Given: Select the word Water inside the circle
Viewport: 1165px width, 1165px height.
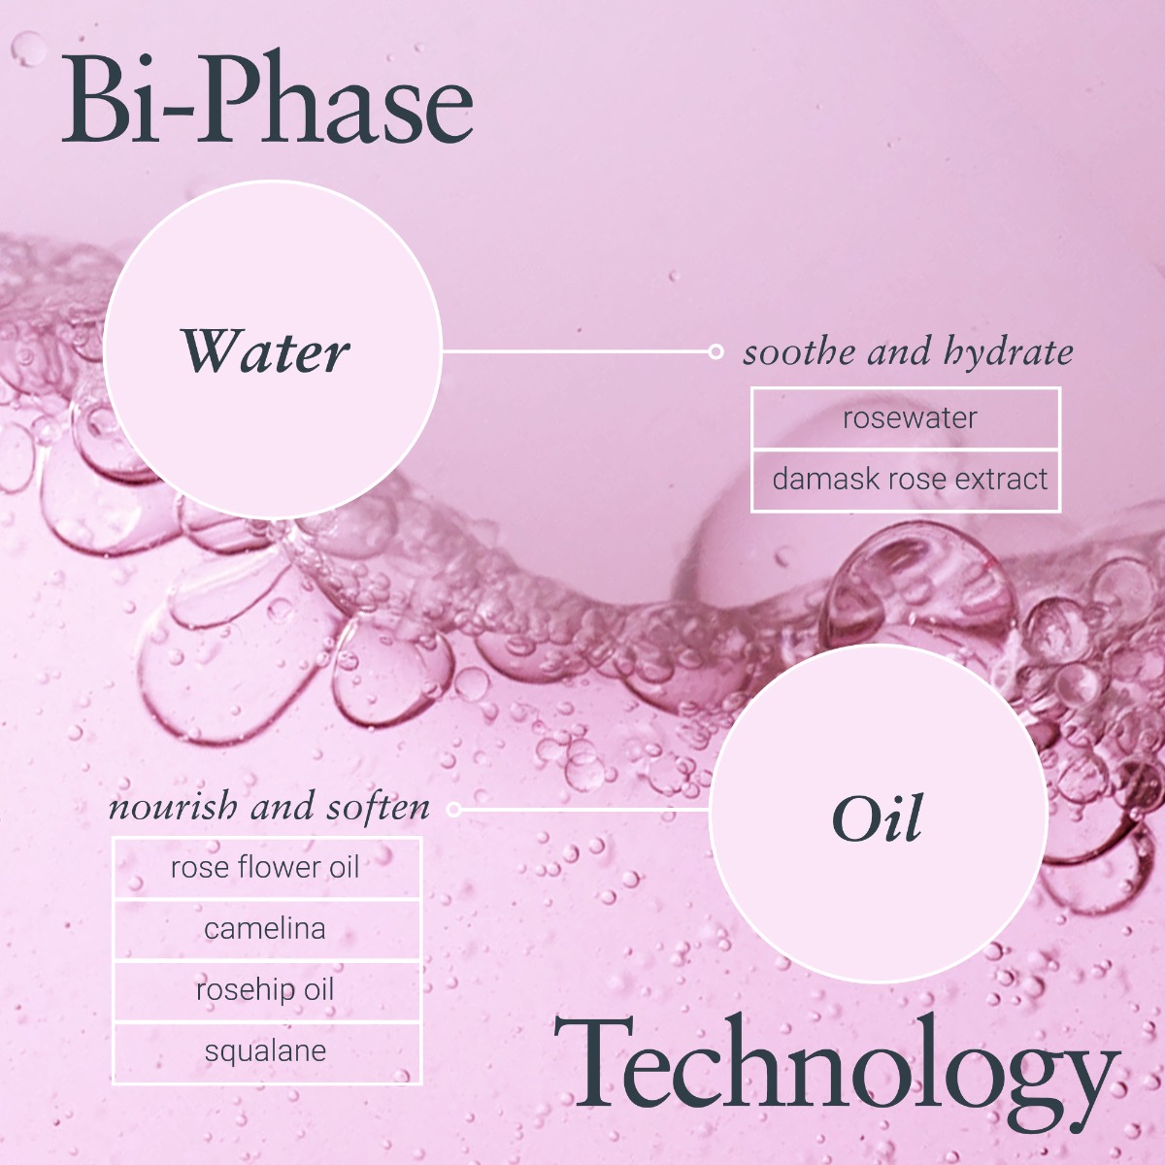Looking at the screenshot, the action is pos(265,350).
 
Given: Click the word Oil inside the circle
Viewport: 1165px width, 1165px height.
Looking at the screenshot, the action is pos(878,818).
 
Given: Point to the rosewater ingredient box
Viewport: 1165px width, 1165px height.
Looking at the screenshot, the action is pos(906,418).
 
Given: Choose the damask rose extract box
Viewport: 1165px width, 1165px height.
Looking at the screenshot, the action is pos(906,481).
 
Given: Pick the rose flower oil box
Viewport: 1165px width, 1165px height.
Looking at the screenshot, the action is pos(267,868).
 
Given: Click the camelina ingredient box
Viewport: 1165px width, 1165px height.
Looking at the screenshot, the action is pos(267,929).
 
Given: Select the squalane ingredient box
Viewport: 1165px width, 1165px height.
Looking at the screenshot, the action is pos(267,1052).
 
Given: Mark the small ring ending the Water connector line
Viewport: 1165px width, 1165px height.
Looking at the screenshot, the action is pos(716,351).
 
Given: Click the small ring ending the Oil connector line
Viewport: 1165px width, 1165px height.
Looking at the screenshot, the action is pos(454,809).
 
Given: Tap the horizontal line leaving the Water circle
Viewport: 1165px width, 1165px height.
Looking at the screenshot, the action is pos(575,351).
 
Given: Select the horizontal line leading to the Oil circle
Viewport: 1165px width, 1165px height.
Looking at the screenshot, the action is pos(585,809).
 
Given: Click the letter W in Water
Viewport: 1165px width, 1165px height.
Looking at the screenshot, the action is pos(210,350).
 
